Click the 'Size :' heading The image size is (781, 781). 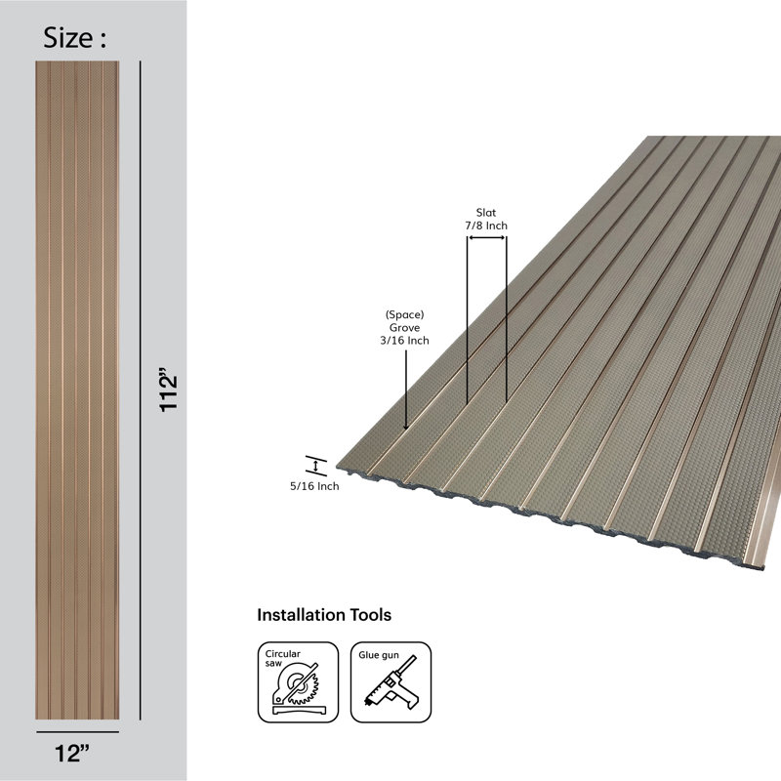75,38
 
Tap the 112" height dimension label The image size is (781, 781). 168,390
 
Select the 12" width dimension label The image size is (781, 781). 72,754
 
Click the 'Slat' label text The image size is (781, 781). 485,213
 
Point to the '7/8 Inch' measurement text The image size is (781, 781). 486,226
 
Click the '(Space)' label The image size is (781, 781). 404,314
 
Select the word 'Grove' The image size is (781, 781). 404,328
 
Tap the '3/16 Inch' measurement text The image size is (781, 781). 404,341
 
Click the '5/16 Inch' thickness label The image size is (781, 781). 314,486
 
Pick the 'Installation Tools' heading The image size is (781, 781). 324,615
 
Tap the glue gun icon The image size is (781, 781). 390,681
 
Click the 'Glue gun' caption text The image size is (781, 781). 379,655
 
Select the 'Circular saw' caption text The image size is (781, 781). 282,658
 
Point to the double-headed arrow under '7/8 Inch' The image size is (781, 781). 486,237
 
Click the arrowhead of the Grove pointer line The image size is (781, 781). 406,427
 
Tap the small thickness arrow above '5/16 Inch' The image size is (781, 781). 315,467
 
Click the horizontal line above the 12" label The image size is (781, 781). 78,732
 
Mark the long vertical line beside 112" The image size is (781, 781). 141,390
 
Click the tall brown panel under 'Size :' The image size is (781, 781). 77,390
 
